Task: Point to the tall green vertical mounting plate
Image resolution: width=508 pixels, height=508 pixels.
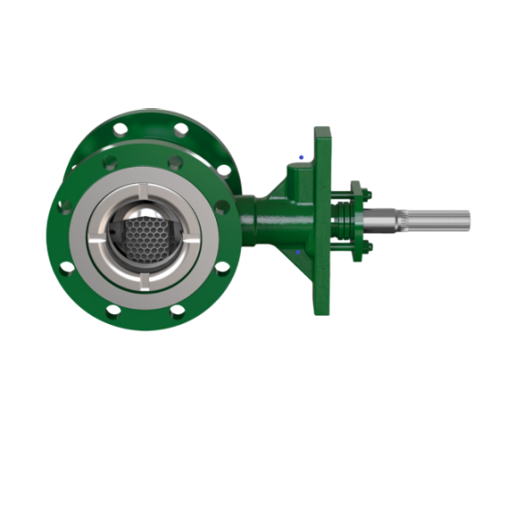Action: click(322, 220)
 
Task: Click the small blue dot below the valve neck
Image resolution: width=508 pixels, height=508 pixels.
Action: click(300, 253)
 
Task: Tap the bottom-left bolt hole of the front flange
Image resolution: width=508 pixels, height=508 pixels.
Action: click(112, 312)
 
